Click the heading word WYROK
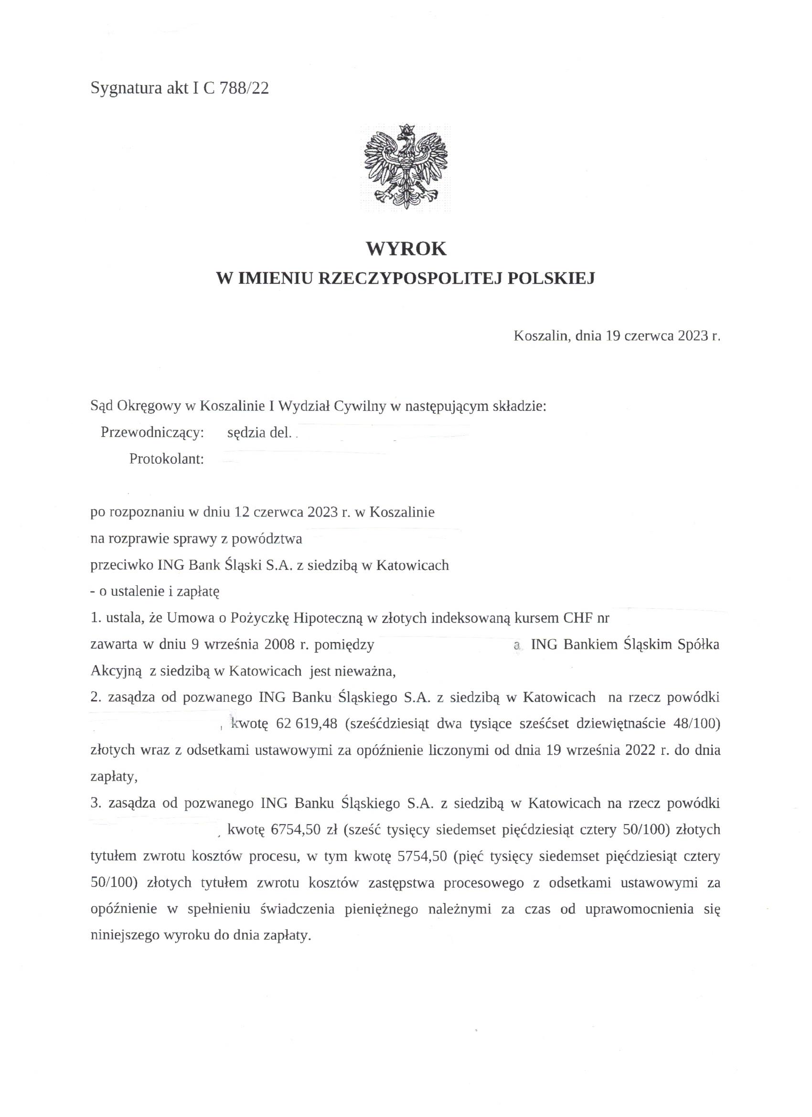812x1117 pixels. click(x=406, y=249)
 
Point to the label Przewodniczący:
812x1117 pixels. click(x=152, y=433)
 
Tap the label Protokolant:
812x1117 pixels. click(x=166, y=459)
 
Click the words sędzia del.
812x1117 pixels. click(x=259, y=433)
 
